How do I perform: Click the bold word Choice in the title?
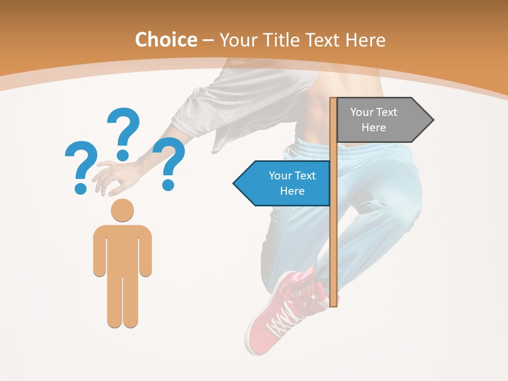coord(166,40)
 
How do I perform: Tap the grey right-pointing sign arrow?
coord(381,120)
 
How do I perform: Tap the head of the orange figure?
coord(122,210)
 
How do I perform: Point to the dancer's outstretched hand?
coord(114,177)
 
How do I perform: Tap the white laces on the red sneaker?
coord(288,312)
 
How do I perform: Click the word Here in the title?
coord(365,40)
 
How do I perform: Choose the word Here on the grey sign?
coord(374,128)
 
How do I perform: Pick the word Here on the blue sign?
coord(292,191)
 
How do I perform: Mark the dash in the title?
coord(208,41)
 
